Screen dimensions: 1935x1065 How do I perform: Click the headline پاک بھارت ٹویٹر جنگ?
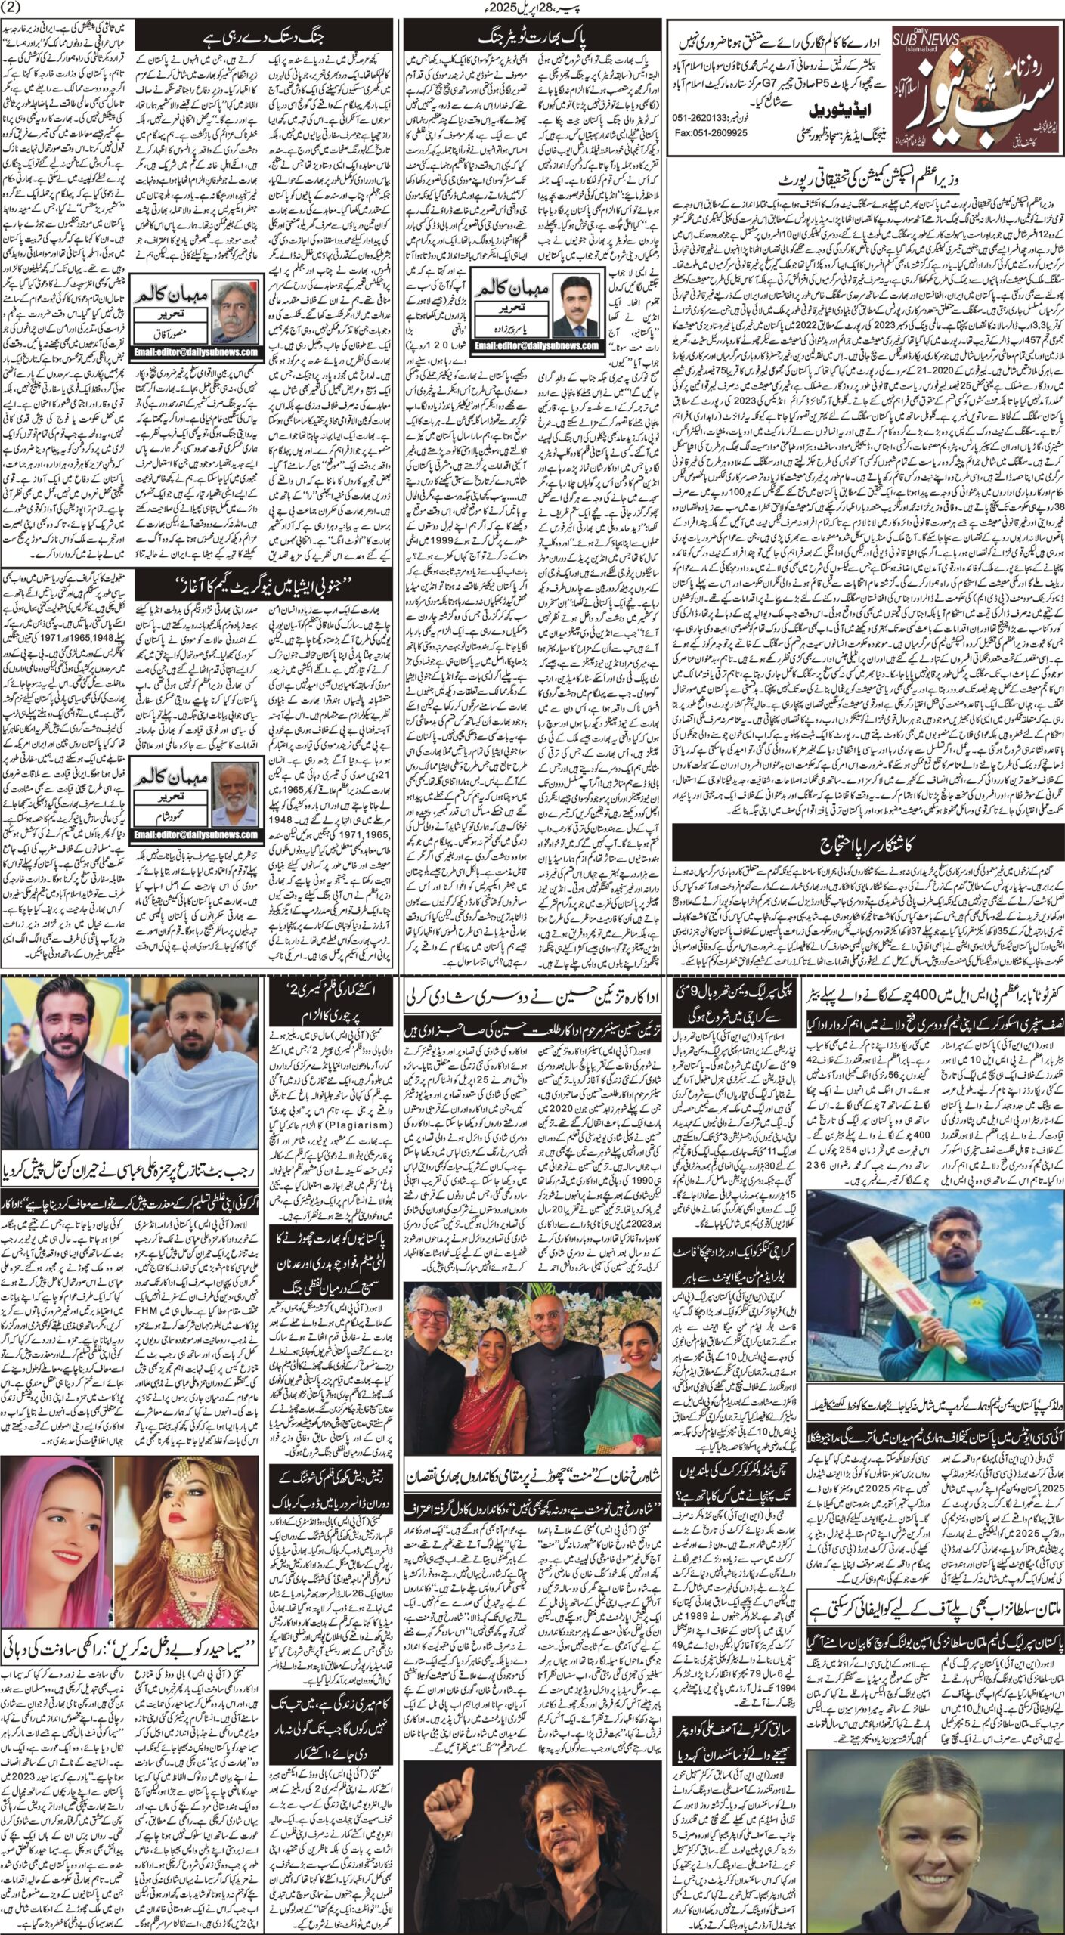(x=533, y=38)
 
